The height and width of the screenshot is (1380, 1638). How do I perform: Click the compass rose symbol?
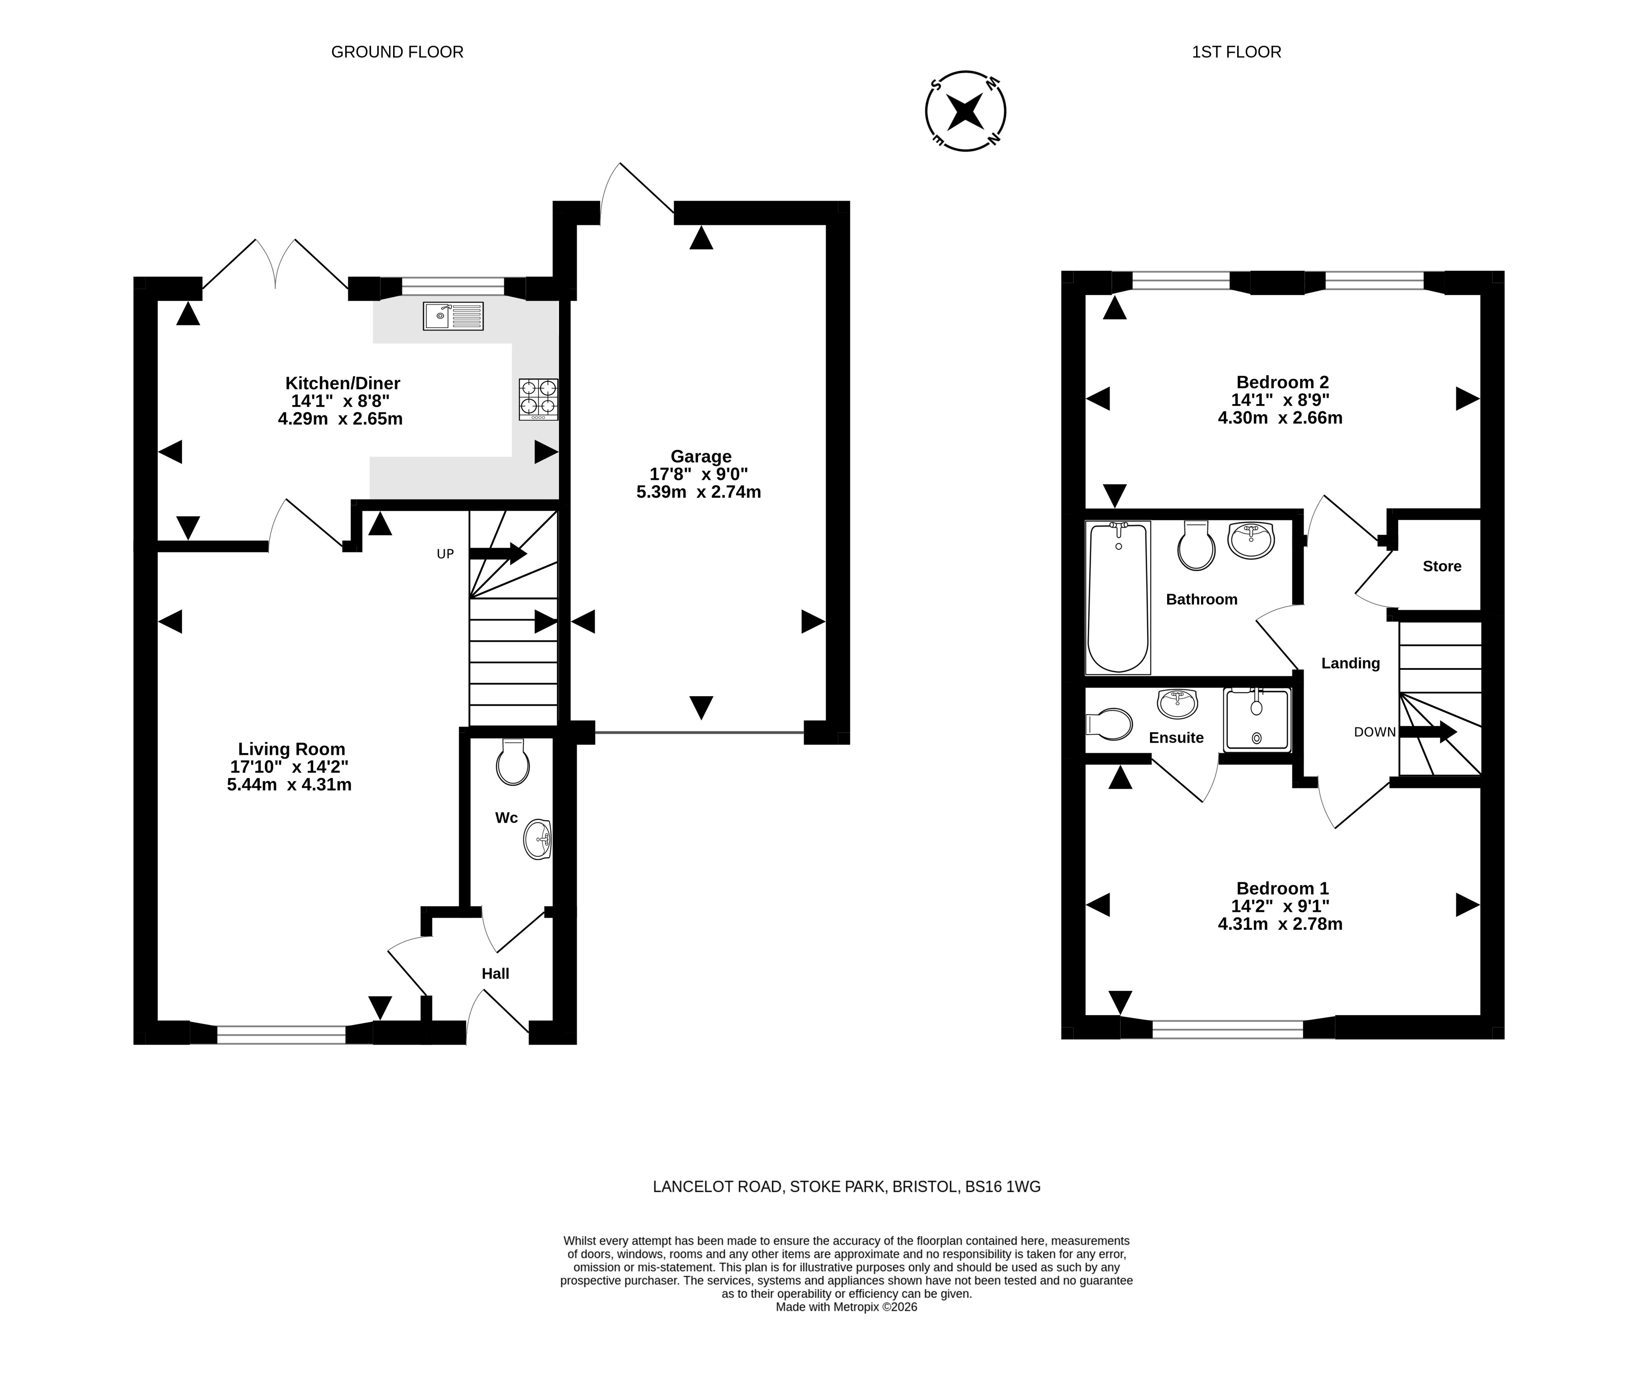(x=966, y=111)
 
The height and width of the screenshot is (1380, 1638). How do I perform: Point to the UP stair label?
(x=445, y=554)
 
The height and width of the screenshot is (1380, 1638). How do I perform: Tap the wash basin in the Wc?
(x=538, y=839)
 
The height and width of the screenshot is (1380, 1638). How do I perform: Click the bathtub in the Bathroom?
(x=1118, y=598)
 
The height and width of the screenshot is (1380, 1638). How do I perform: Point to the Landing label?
(x=1350, y=664)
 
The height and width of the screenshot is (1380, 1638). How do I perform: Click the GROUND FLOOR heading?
(x=397, y=52)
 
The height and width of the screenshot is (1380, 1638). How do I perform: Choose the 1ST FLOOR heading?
(x=1236, y=52)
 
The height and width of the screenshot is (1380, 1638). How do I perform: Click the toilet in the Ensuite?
(x=1109, y=725)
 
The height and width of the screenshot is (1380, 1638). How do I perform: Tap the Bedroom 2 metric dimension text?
(x=1280, y=418)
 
